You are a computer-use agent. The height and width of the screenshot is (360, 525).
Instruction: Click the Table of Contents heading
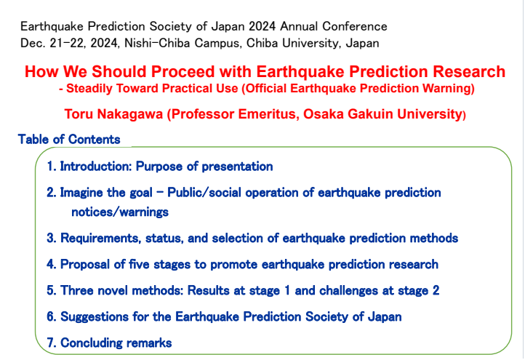tap(69, 140)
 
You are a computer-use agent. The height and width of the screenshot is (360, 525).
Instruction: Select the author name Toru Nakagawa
tap(113, 114)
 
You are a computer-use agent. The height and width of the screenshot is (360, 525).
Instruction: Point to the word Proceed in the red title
tap(183, 72)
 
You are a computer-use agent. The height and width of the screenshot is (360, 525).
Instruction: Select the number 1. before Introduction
tap(51, 166)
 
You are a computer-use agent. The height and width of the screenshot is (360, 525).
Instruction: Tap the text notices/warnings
tap(120, 212)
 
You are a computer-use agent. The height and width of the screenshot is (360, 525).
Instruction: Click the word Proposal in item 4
tap(85, 264)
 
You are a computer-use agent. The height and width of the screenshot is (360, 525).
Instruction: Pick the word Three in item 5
tap(77, 290)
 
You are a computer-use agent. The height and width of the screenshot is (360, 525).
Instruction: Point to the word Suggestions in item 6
tap(95, 316)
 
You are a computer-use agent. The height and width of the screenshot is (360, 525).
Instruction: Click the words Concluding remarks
tap(116, 343)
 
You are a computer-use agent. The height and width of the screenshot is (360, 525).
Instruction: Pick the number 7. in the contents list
tap(51, 343)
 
